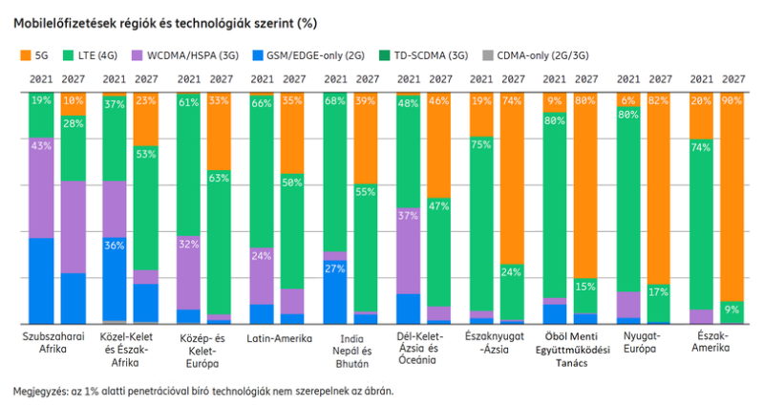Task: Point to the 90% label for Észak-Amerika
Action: [x=732, y=100]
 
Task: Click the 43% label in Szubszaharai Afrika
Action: [x=41, y=146]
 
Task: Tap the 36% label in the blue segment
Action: [x=115, y=245]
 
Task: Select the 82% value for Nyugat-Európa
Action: [x=658, y=100]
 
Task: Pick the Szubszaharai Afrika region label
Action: [x=54, y=343]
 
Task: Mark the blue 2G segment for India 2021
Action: [x=335, y=291]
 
